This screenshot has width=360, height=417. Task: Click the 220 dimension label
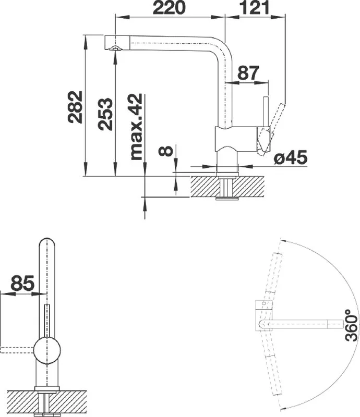169,7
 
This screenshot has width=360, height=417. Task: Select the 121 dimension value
255,7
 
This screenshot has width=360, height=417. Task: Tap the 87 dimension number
248,73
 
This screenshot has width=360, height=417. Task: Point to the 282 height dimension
75,107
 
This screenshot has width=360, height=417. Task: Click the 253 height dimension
105,114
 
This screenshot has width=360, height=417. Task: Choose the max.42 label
136,127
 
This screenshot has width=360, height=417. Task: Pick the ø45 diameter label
291,157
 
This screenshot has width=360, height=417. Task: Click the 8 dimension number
165,151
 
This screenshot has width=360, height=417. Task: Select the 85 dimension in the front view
22,283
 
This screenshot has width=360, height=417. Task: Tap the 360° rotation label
351,325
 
